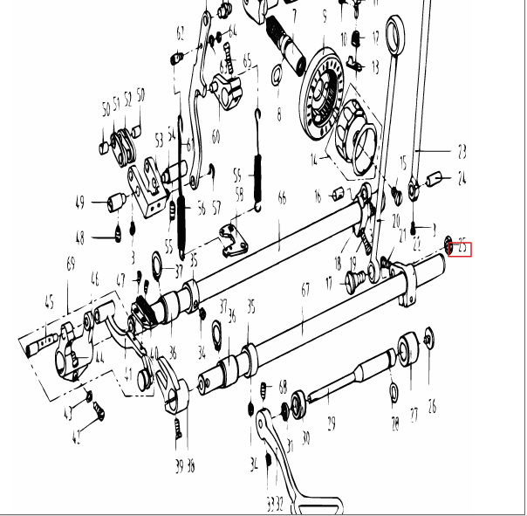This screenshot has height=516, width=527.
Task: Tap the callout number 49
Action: pyautogui.click(x=79, y=203)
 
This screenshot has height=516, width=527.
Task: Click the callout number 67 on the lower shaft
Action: pyautogui.click(x=305, y=289)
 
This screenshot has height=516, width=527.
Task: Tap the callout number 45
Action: pyautogui.click(x=49, y=304)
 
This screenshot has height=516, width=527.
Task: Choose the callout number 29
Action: pyautogui.click(x=331, y=423)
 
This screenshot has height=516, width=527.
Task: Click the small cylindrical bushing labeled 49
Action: pyautogui.click(x=113, y=204)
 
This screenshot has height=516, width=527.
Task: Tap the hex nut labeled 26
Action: pyautogui.click(x=428, y=336)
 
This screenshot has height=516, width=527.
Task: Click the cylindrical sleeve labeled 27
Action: pyautogui.click(x=410, y=349)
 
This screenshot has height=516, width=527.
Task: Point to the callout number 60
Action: pyautogui.click(x=215, y=136)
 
